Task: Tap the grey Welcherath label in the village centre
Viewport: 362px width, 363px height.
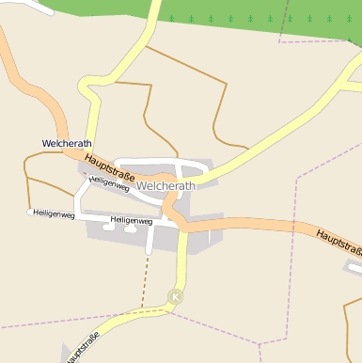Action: point(165,186)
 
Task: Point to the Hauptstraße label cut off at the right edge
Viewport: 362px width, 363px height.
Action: point(338,243)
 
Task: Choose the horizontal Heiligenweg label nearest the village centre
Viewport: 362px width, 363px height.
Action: point(131,221)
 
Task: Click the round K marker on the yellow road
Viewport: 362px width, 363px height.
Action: point(175,297)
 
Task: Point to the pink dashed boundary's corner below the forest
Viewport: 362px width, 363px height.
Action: point(280,41)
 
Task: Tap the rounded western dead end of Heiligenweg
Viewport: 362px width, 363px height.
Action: point(30,213)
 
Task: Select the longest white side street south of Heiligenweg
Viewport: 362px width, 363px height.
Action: point(150,240)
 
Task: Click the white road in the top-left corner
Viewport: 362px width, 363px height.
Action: point(28,8)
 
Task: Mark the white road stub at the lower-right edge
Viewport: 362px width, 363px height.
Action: point(353,266)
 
